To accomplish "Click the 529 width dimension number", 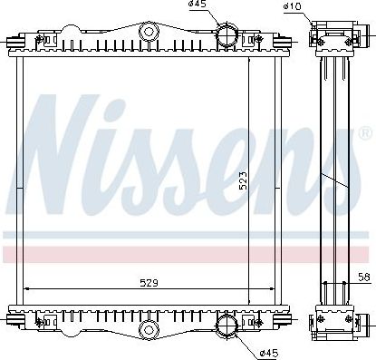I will tap(149, 283).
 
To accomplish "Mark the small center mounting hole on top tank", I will tap(147, 33).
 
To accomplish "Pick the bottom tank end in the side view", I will tap(331, 322).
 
